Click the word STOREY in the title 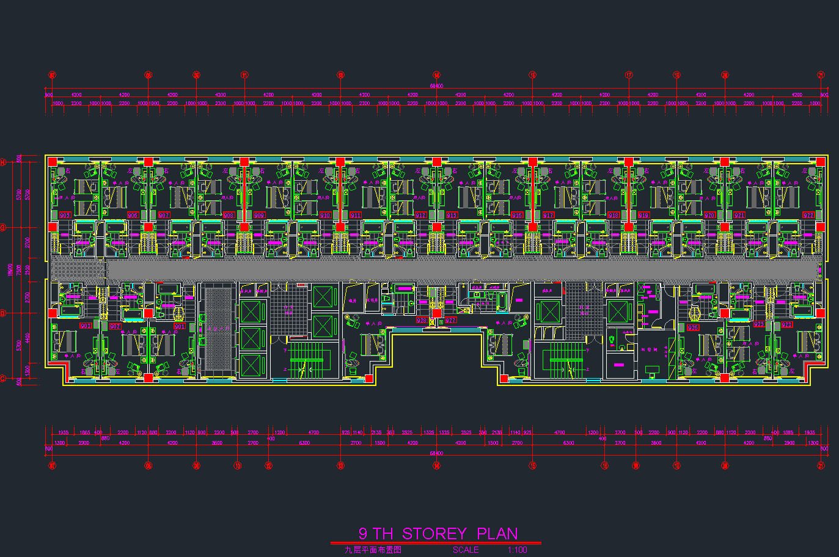pos(434,534)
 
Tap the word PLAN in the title pos(497,534)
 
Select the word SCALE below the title pos(466,550)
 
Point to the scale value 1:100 pos(517,550)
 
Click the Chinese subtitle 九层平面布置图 pos(372,550)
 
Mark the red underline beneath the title pos(435,542)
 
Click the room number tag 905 pos(65,215)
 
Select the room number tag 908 pos(229,215)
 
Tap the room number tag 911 pos(356,215)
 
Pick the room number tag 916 pos(517,215)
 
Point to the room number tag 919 pos(643,215)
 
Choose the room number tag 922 pos(808,215)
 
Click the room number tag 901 pos(179,326)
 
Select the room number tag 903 pos(86,326)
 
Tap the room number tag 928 pos(422,320)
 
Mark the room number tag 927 pos(450,320)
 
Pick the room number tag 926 pos(693,327)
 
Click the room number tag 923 pos(786,325)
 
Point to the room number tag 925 pos(759,325)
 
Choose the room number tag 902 pos(115,326)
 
